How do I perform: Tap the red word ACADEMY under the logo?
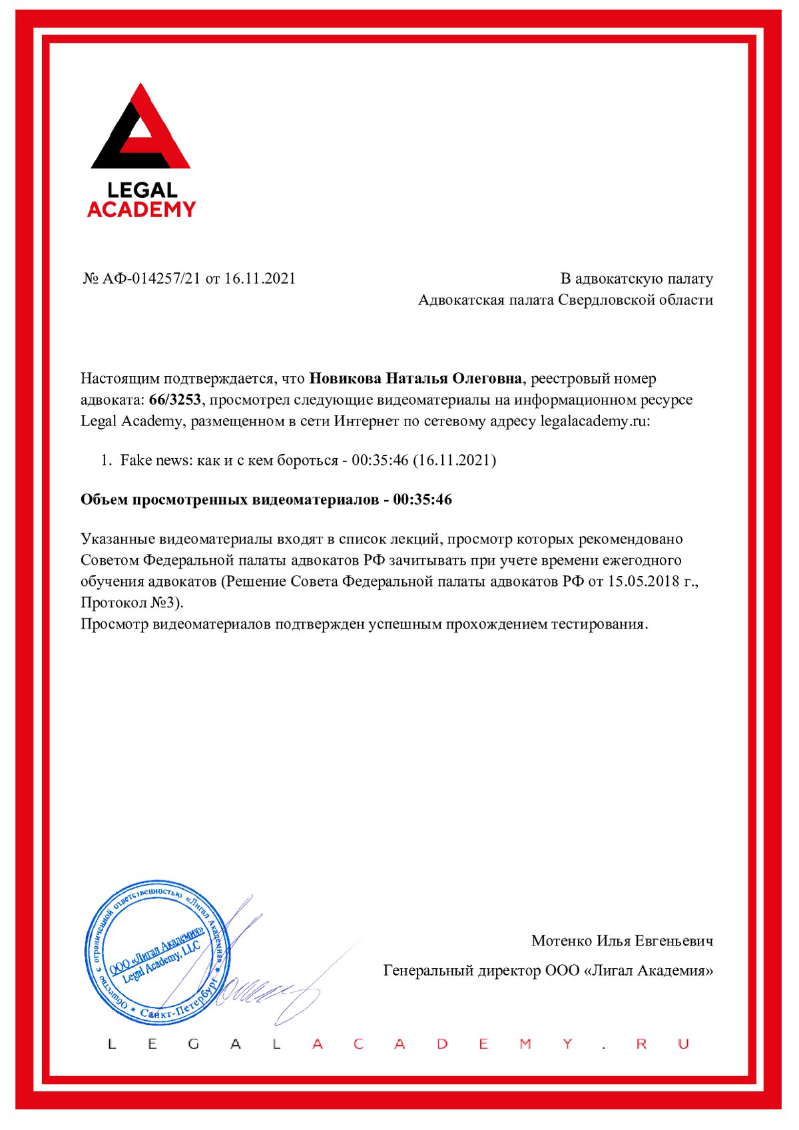(141, 210)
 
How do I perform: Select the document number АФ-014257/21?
(151, 278)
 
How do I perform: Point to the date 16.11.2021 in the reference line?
(260, 278)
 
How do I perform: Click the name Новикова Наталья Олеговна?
(415, 379)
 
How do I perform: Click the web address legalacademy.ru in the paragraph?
(594, 422)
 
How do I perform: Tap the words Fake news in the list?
(156, 460)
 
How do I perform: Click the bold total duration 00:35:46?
(422, 499)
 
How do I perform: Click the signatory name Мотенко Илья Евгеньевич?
(622, 941)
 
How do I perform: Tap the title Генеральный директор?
(462, 971)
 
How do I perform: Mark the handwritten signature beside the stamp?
(266, 986)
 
